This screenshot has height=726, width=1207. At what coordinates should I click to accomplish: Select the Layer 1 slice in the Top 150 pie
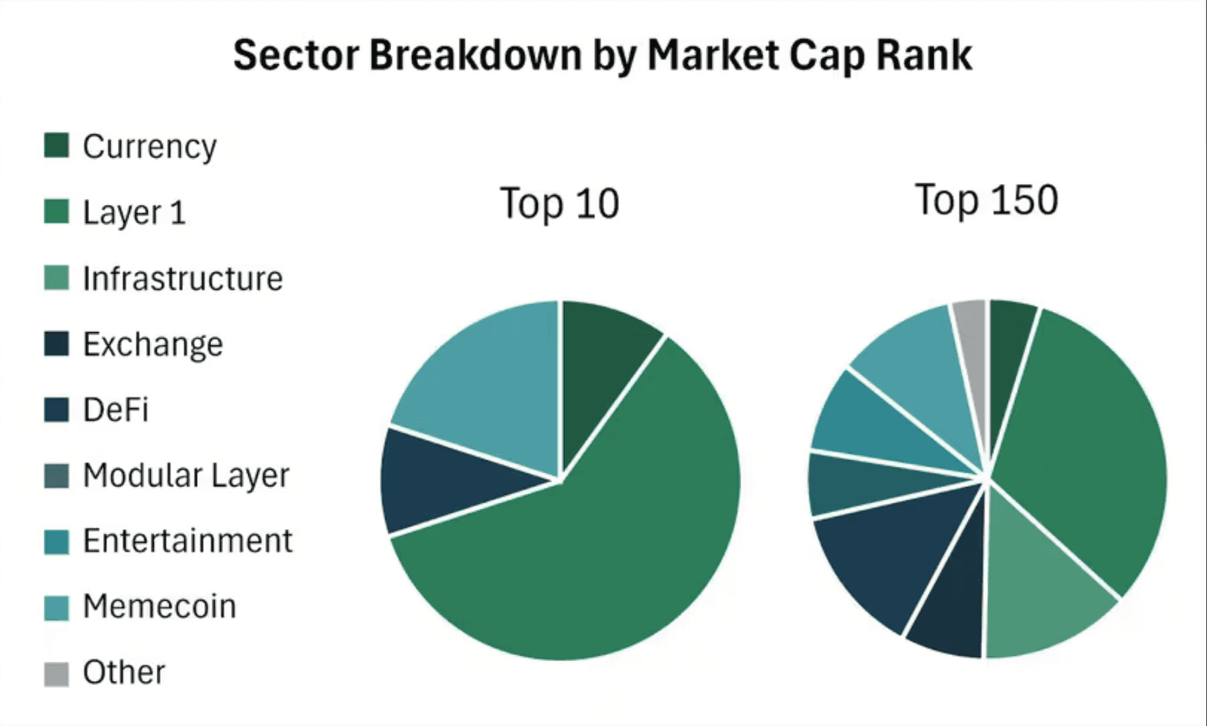1085,442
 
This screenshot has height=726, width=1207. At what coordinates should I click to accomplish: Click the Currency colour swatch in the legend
56,145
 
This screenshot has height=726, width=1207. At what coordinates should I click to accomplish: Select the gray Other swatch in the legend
56,674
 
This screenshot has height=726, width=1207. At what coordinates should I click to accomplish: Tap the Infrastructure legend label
183,279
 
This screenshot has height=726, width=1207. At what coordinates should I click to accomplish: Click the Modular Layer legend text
186,476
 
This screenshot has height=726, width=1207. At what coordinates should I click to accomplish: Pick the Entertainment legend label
188,540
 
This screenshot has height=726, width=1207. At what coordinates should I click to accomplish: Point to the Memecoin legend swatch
56,608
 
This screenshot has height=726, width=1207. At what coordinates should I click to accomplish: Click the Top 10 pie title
559,204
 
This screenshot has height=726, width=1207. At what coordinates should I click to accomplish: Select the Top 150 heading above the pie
987,200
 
